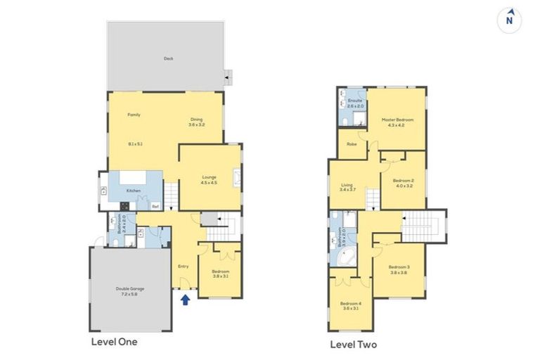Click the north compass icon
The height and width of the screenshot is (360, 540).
(x=510, y=20)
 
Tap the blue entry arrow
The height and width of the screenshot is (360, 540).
(x=186, y=300)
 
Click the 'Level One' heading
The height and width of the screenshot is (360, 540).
(x=114, y=342)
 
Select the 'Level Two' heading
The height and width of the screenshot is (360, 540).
(x=353, y=345)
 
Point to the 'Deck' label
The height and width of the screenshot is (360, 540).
(x=168, y=59)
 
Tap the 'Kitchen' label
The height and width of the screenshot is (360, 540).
(x=134, y=191)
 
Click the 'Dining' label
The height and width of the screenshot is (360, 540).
(x=196, y=120)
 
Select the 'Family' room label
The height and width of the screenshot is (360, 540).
(x=134, y=115)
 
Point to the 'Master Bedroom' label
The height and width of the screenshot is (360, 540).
(x=397, y=120)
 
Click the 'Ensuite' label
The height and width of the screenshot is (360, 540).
(x=355, y=101)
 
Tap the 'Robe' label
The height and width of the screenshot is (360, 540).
(x=352, y=144)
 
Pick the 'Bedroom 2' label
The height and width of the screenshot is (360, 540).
(x=403, y=181)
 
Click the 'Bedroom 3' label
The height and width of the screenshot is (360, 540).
(x=399, y=267)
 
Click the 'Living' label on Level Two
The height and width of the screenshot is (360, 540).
(x=347, y=186)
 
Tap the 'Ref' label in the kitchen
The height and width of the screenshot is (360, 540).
(x=155, y=206)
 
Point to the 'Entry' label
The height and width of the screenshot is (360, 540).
(x=183, y=266)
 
